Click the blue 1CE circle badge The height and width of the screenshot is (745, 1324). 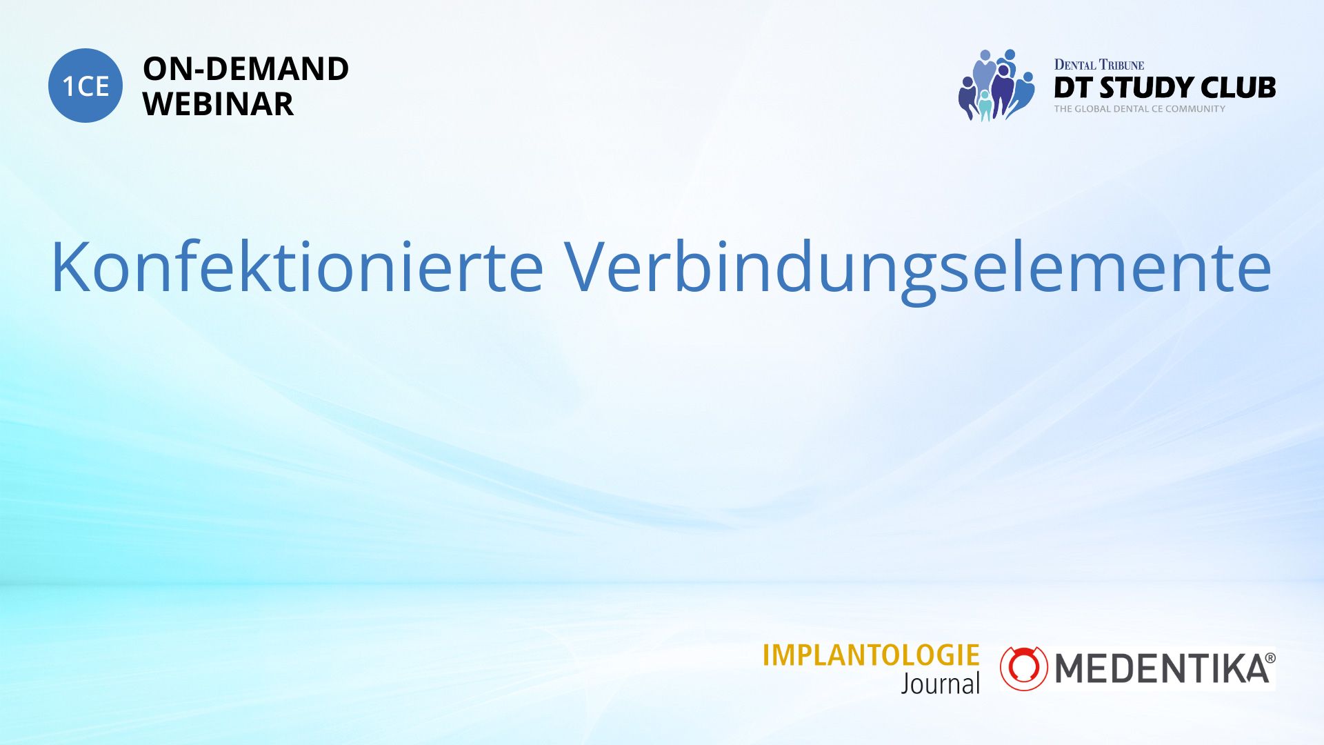(x=86, y=86)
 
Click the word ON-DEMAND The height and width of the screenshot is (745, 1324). (x=245, y=69)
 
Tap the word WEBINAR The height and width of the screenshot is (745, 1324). (x=218, y=104)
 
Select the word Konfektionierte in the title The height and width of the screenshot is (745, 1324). (x=297, y=268)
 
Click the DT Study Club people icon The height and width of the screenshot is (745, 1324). (x=996, y=85)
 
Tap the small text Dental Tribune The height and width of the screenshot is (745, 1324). (x=1099, y=65)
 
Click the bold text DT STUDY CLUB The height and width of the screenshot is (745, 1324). (x=1165, y=88)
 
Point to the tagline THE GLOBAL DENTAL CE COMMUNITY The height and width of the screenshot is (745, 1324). (x=1140, y=109)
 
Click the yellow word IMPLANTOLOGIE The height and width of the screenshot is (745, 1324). (x=871, y=655)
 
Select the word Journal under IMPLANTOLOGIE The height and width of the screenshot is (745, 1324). (x=941, y=684)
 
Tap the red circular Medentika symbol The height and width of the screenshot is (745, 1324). (x=1024, y=668)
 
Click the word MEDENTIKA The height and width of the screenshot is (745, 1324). (x=1162, y=668)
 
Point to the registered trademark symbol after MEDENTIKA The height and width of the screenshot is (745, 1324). (x=1270, y=658)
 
